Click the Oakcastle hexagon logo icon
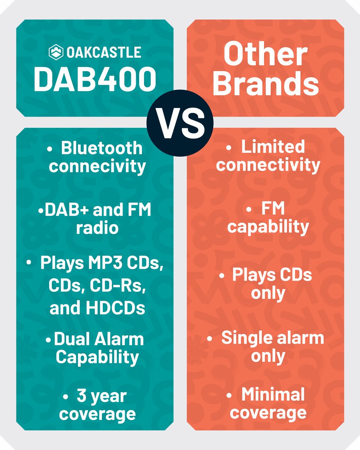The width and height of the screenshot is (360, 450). click(x=56, y=52)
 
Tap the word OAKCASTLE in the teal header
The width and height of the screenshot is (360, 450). click(x=104, y=52)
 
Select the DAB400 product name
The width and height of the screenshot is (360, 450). click(x=95, y=79)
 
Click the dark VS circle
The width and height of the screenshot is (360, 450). click(x=180, y=123)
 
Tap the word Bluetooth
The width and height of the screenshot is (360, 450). click(x=102, y=148)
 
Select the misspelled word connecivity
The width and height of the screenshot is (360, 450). click(x=97, y=166)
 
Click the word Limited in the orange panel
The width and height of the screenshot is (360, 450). click(x=273, y=147)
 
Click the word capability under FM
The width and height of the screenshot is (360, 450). click(x=268, y=227)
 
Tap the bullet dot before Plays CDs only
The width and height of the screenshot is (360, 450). click(x=222, y=276)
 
